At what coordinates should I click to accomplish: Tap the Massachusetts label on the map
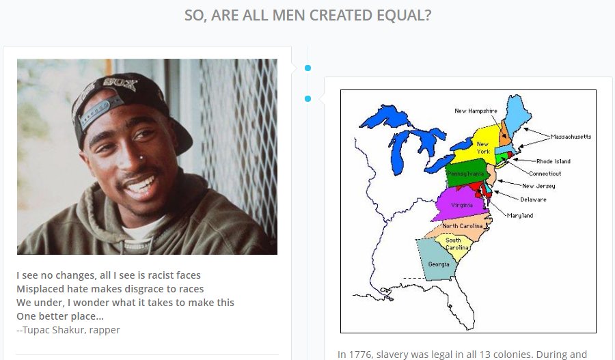pyautogui.click(x=570, y=137)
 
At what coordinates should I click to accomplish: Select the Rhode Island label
pyautogui.click(x=553, y=161)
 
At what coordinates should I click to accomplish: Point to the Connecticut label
pyautogui.click(x=545, y=174)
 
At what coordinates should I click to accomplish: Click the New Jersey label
pyautogui.click(x=538, y=186)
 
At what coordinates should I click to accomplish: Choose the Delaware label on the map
pyautogui.click(x=533, y=199)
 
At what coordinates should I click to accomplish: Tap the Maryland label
pyautogui.click(x=520, y=216)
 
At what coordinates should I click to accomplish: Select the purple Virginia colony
pyautogui.click(x=462, y=204)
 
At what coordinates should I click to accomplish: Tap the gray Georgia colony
pyautogui.click(x=438, y=264)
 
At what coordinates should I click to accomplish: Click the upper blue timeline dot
pyautogui.click(x=308, y=68)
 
